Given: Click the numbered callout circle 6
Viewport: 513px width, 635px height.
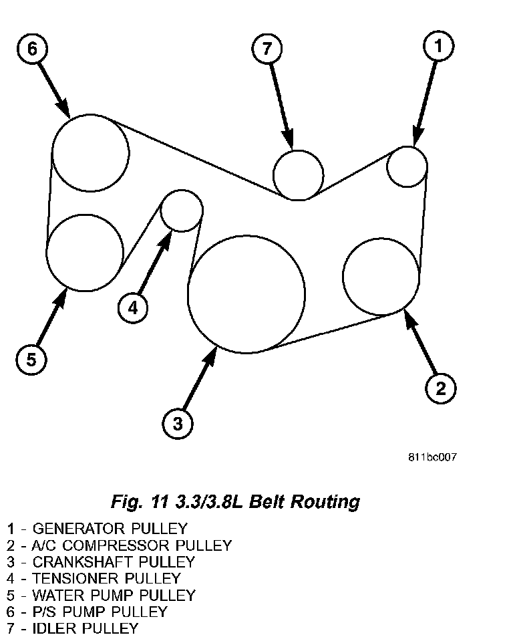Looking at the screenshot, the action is (x=32, y=49).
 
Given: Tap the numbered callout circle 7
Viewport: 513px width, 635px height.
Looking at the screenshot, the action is (x=267, y=48).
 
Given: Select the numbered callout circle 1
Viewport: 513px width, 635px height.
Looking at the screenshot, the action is (x=439, y=46).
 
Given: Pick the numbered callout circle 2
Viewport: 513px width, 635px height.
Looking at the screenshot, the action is (x=441, y=388).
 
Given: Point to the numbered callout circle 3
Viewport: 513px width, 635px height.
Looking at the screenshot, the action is (x=178, y=423).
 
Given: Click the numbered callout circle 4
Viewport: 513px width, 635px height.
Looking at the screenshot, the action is (x=133, y=308).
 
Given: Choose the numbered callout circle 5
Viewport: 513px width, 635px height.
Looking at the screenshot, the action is (x=31, y=360).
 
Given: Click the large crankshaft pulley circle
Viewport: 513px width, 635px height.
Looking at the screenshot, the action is (x=246, y=294).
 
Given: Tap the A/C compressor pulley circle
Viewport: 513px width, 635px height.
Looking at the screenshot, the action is (x=381, y=276).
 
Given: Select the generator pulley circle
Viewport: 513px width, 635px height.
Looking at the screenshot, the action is (x=407, y=166).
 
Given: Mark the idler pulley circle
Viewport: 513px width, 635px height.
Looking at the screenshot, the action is (x=299, y=174).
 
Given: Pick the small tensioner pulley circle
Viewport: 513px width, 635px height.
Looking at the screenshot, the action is (x=182, y=210).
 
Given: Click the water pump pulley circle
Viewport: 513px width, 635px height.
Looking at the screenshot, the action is (x=85, y=253).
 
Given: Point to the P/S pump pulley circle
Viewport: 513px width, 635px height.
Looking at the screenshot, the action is (x=90, y=152).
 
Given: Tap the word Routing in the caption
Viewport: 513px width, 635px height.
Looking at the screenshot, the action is (x=327, y=501).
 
